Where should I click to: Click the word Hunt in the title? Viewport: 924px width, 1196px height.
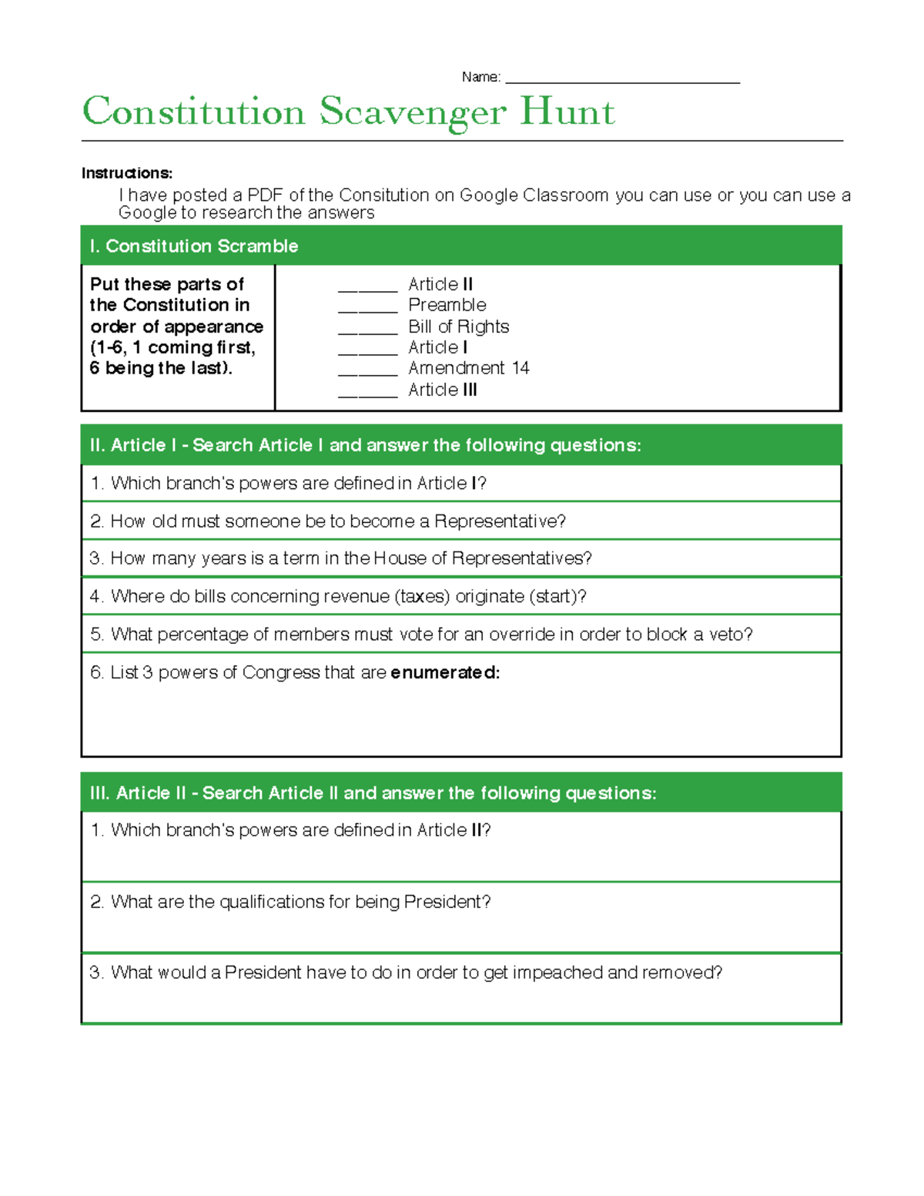567,112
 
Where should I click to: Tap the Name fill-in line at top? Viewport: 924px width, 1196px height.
622,80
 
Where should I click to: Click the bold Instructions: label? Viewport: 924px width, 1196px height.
126,173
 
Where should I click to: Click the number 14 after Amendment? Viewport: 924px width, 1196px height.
521,368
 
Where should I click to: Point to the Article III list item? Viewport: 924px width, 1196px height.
443,390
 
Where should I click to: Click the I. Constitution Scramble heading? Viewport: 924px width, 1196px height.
194,246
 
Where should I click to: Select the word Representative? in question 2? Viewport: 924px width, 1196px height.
500,521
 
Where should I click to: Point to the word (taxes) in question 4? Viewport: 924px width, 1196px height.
422,597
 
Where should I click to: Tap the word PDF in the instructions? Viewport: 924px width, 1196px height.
264,196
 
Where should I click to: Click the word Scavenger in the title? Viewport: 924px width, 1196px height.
413,112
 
